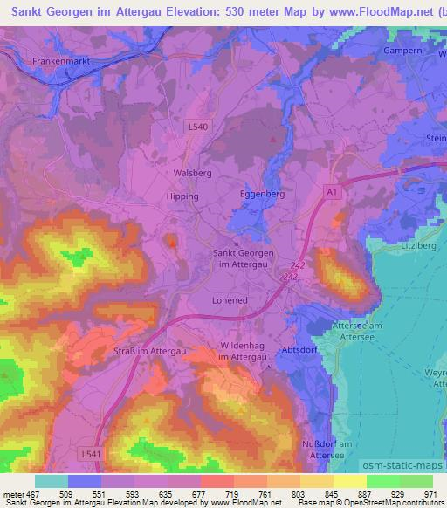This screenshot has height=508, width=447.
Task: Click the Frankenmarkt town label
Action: click(x=62, y=61)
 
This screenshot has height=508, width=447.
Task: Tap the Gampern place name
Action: click(x=402, y=51)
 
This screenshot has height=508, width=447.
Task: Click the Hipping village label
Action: click(x=182, y=196)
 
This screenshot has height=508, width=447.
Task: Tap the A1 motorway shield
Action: click(x=330, y=189)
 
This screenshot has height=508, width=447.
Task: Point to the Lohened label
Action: click(x=230, y=299)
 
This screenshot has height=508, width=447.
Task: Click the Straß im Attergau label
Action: click(x=151, y=350)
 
